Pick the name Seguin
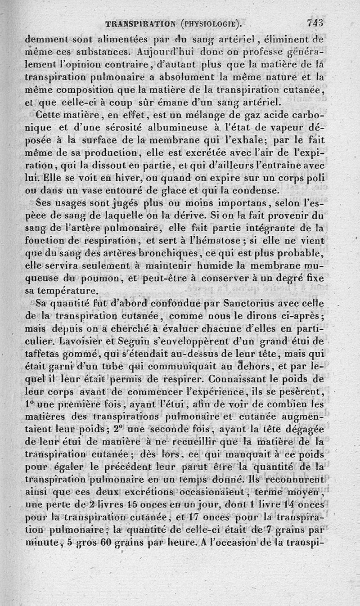point(105,337)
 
